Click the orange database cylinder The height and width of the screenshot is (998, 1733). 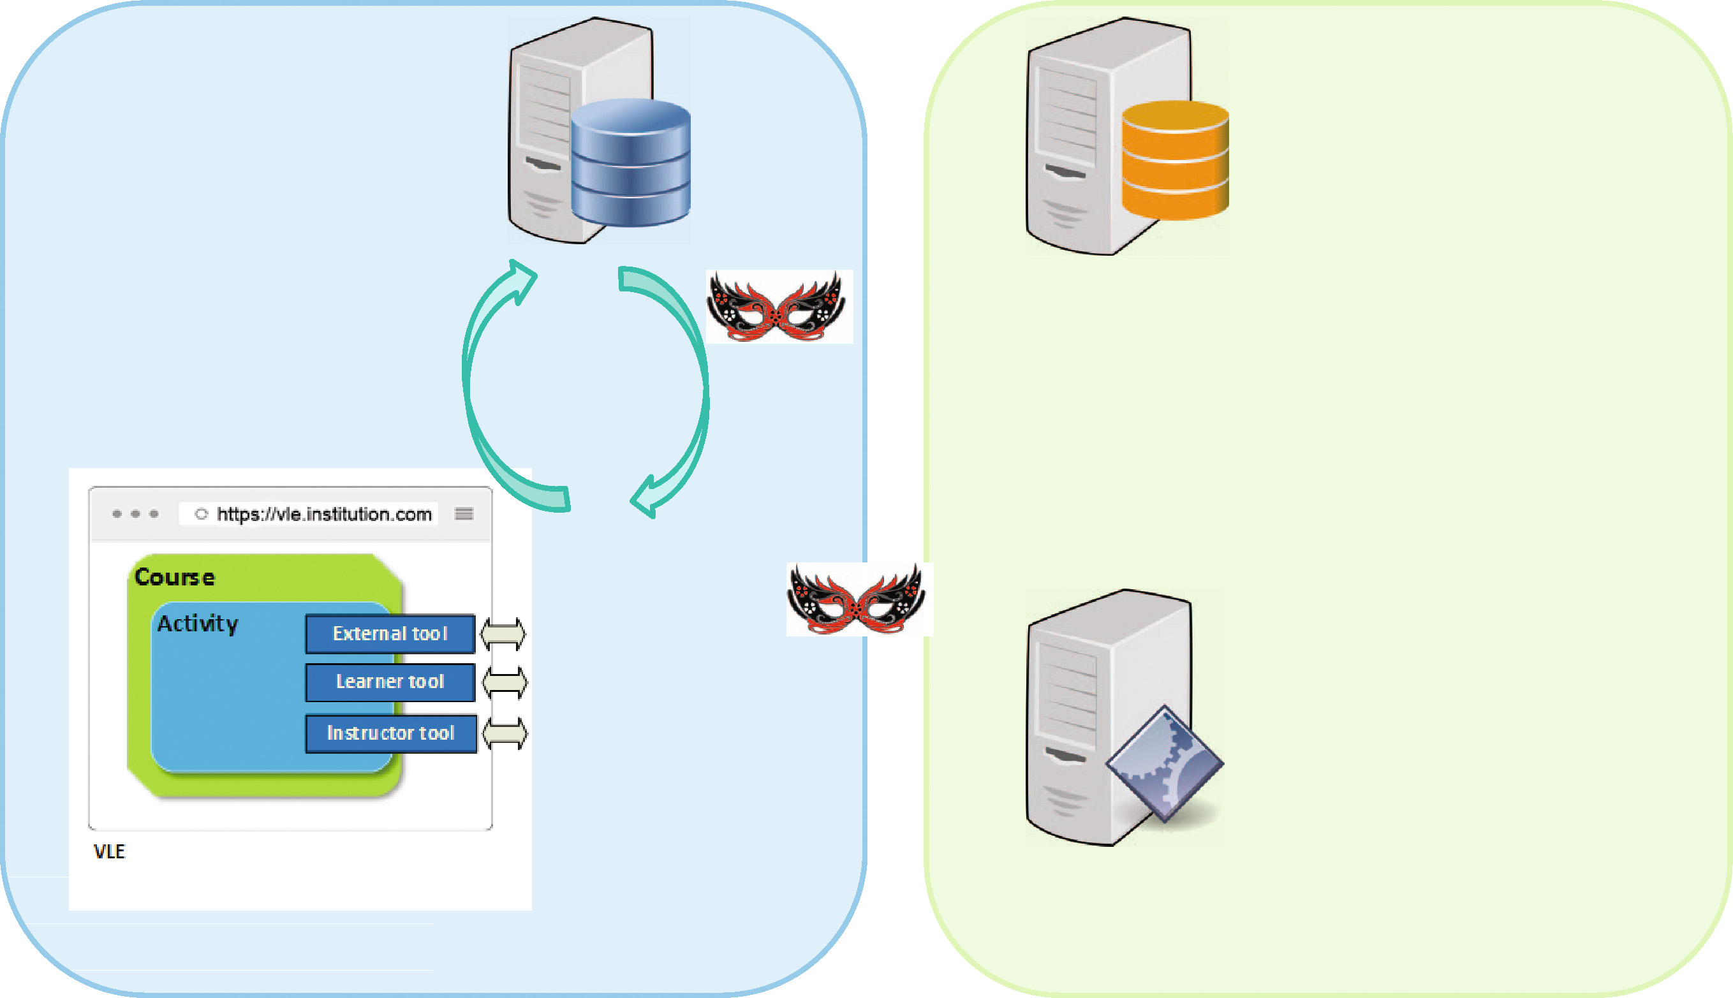click(x=1174, y=161)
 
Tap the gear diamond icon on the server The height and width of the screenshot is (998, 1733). click(x=1164, y=763)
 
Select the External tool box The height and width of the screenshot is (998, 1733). click(x=390, y=633)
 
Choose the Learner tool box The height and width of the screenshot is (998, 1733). click(x=390, y=682)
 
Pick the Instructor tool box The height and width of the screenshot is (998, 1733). click(x=391, y=733)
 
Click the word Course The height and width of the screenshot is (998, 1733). click(x=175, y=577)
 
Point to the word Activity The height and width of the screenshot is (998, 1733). click(x=198, y=623)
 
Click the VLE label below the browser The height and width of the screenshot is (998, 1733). click(x=110, y=851)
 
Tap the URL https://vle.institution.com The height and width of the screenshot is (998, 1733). click(x=323, y=514)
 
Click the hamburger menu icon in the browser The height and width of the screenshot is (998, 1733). click(x=464, y=514)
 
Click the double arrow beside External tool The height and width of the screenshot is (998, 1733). click(x=503, y=633)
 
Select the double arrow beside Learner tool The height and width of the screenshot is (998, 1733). click(x=505, y=683)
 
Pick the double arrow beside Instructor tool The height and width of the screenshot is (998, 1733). click(x=505, y=733)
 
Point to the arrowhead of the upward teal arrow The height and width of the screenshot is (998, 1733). click(x=522, y=277)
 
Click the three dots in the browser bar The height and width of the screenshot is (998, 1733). click(x=135, y=514)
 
